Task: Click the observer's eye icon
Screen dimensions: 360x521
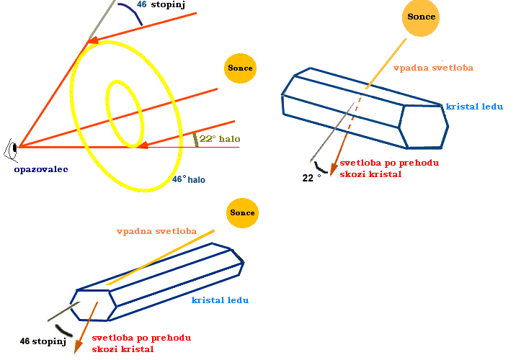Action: [x=11, y=149]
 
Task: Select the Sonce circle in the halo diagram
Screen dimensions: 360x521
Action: [x=239, y=68]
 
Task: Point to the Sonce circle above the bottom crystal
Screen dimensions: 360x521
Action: [x=241, y=213]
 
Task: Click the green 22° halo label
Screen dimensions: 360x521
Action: [x=220, y=139]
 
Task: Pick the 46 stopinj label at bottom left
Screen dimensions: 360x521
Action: [x=43, y=341]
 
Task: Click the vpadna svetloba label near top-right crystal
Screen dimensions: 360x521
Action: [x=433, y=68]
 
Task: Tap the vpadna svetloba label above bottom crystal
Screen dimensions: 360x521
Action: [x=156, y=231]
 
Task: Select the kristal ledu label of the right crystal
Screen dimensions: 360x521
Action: [x=474, y=107]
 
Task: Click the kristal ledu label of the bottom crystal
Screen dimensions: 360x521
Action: [x=220, y=300]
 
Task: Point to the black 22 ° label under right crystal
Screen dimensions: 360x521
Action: [x=311, y=176]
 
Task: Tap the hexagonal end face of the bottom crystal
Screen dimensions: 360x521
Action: [x=93, y=305]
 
